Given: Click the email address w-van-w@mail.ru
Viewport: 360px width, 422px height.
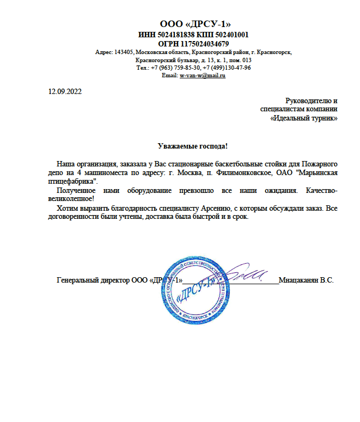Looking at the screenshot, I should point(202,76).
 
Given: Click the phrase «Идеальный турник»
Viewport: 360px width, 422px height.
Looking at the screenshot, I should point(303,118).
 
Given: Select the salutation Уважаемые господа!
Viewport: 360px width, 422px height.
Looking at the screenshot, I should point(193,146).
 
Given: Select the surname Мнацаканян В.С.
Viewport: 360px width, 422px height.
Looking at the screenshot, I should point(307,280).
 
